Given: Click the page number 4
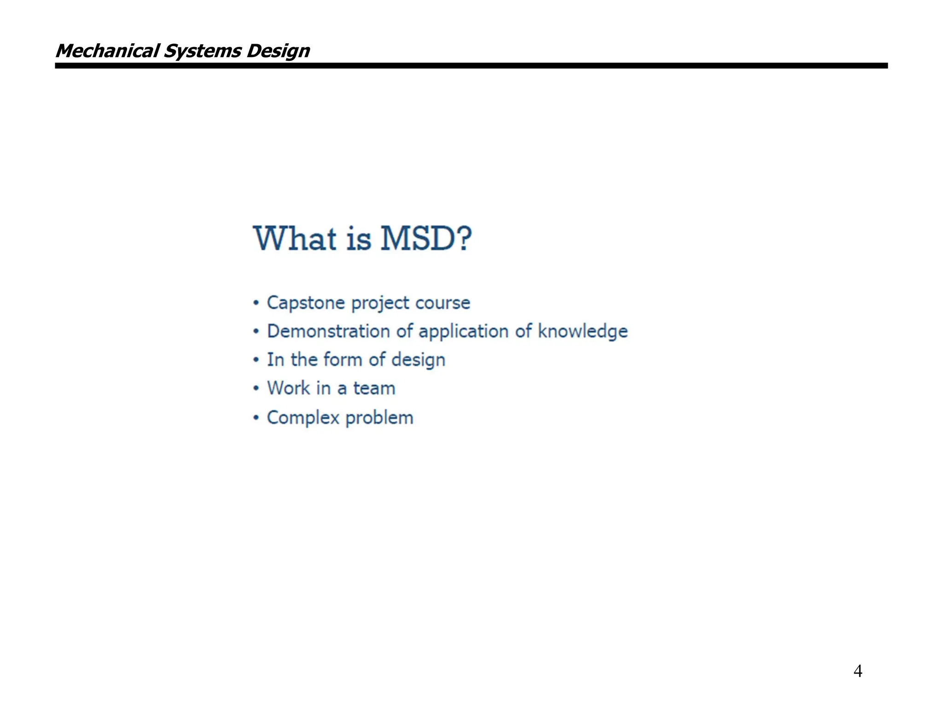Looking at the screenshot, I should [x=857, y=671].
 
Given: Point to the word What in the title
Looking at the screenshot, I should [x=295, y=238].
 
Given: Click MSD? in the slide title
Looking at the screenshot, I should [x=426, y=238].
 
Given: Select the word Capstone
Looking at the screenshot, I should [x=306, y=303].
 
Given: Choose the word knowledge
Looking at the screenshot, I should [x=582, y=331].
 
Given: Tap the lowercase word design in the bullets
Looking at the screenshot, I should [x=418, y=360].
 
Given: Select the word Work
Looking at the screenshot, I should [x=289, y=388].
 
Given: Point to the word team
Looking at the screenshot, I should [x=374, y=388].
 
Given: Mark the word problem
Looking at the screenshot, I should [x=379, y=418].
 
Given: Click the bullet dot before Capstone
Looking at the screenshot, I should [x=256, y=303].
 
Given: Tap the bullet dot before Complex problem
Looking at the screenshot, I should [x=256, y=418].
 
